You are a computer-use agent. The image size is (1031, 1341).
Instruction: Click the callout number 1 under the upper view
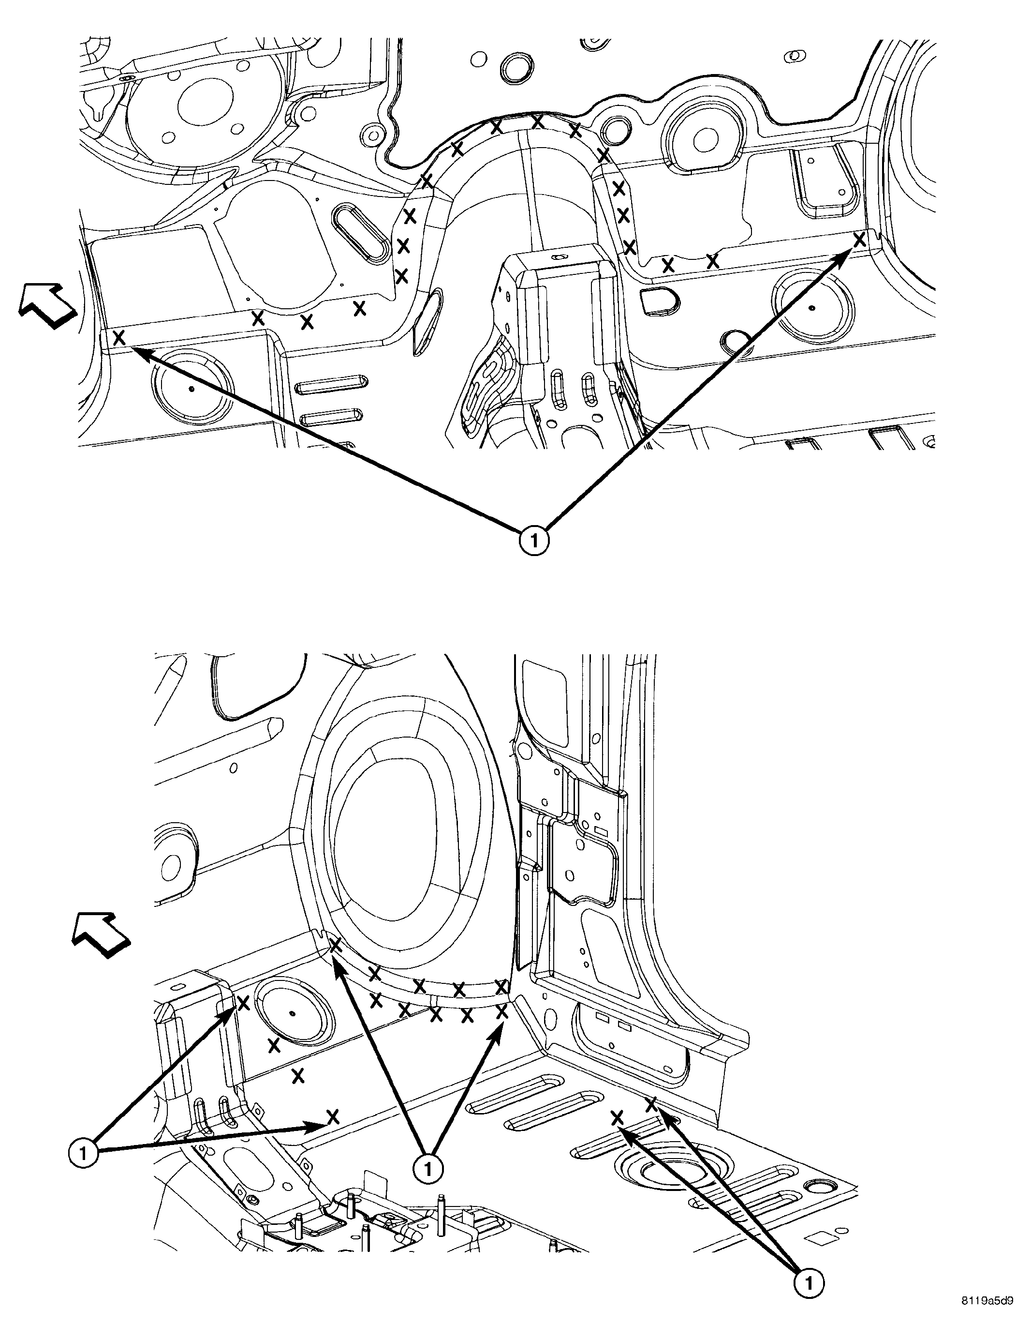pyautogui.click(x=534, y=541)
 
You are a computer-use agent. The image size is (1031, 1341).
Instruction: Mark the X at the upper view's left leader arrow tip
pyautogui.click(x=119, y=337)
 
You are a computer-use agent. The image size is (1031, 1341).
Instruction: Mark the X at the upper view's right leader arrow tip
pyautogui.click(x=860, y=240)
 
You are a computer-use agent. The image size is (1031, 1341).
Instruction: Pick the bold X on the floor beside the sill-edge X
pyautogui.click(x=618, y=1117)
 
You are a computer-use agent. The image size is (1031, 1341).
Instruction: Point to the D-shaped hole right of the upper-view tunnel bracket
pyautogui.click(x=657, y=301)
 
